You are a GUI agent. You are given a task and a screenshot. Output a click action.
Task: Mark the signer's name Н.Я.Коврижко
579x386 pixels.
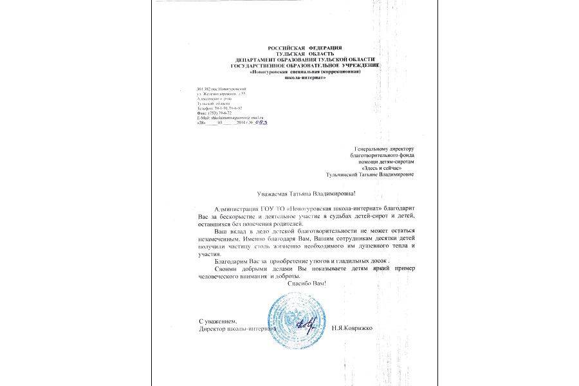point(352,328)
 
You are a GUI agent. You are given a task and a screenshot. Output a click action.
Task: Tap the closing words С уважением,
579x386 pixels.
point(218,320)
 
